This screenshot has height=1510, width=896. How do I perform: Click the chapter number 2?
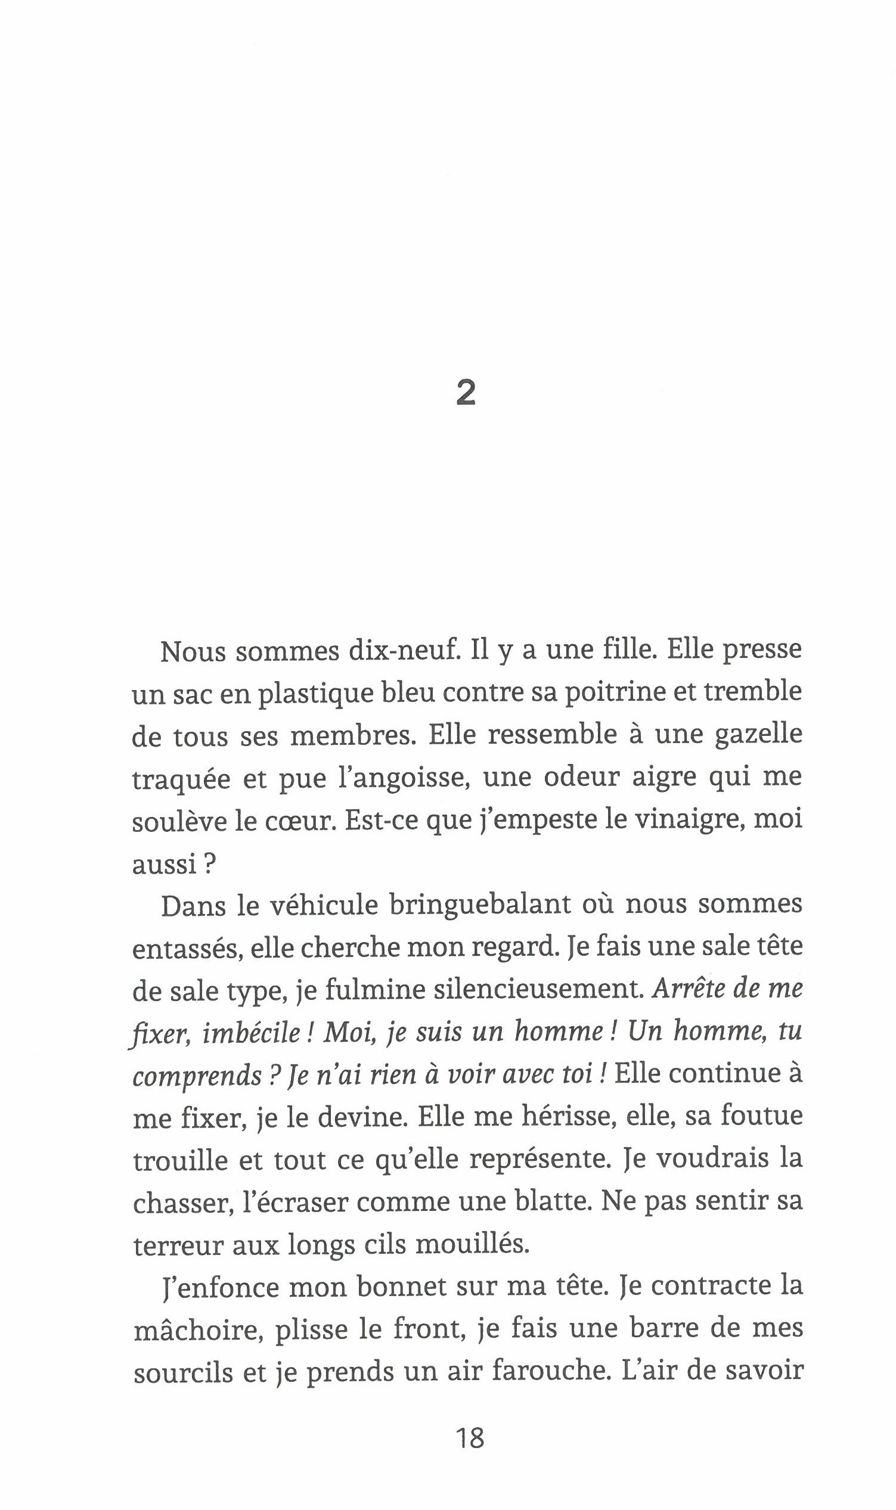point(466,393)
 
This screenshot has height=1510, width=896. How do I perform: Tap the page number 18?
point(470,1438)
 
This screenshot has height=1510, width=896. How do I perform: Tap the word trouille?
point(180,1160)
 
